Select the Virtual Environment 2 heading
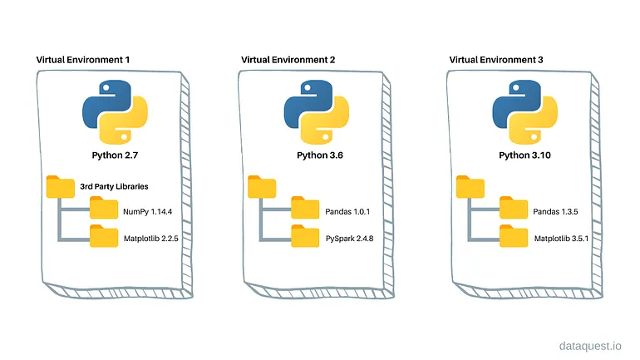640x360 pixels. pos(287,60)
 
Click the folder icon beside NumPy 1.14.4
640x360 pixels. pos(104,210)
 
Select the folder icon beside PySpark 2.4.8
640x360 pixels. pos(305,238)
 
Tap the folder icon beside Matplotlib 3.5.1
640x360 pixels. pos(513,238)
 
